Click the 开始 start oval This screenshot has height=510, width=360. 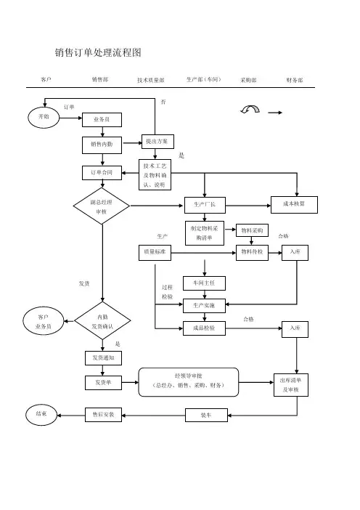44,118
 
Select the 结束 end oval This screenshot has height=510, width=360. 41,415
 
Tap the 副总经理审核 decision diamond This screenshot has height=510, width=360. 102,206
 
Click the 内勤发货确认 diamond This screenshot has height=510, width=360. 102,320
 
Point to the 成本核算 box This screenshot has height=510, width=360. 294,205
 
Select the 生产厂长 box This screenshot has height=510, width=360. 205,206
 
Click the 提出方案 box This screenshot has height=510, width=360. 157,142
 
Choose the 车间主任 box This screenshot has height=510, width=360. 204,283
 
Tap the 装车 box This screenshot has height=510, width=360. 206,416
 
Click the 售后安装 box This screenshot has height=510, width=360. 103,415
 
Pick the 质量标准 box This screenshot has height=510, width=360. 155,253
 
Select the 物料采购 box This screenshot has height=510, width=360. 252,230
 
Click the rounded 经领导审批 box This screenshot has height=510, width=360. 189,382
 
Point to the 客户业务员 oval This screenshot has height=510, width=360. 44,321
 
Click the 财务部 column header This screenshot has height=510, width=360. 295,80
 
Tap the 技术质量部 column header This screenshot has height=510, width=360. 151,80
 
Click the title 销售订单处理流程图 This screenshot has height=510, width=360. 98,52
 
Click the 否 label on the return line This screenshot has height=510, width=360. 163,102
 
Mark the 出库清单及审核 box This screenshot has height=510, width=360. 291,385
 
